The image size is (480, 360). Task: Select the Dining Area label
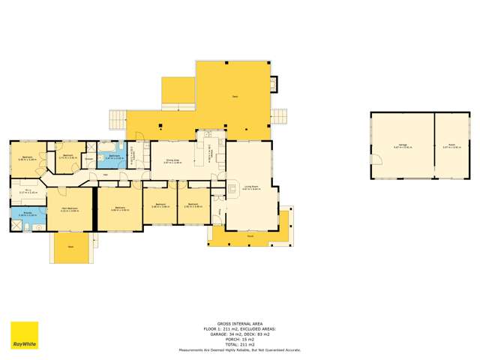coord(172,160)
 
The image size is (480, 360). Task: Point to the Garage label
coord(403,147)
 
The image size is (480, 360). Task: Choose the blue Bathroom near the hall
coord(112,158)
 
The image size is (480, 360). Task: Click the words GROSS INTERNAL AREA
coord(239,318)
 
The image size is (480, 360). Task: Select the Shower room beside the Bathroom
coord(88,159)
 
